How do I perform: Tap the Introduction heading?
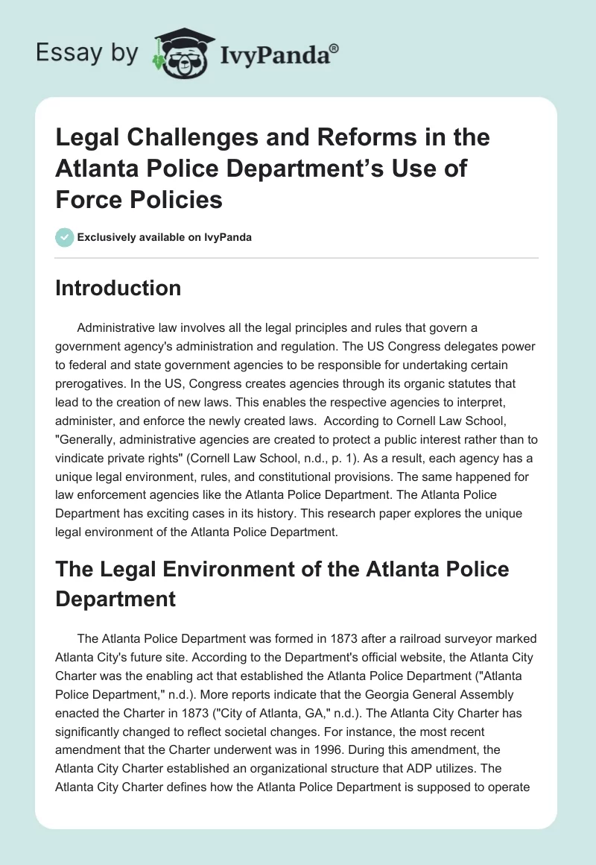(118, 288)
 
